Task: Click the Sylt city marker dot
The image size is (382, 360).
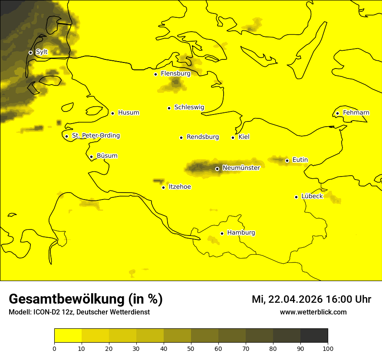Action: click(x=30, y=52)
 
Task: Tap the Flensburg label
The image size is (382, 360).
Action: click(x=175, y=74)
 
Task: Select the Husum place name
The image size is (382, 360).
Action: click(x=128, y=113)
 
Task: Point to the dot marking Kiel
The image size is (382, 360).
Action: click(x=233, y=137)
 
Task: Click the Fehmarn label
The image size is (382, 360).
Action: click(x=356, y=113)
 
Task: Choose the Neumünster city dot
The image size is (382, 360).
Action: click(x=217, y=169)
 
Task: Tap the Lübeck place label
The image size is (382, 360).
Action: click(x=312, y=196)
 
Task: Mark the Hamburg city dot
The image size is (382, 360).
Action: click(x=222, y=233)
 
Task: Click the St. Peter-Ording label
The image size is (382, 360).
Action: click(x=95, y=136)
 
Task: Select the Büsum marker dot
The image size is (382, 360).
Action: click(x=91, y=157)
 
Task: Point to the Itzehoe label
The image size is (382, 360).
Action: click(x=180, y=187)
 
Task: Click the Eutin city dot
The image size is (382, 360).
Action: click(x=287, y=160)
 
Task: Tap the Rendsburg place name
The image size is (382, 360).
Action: click(x=202, y=137)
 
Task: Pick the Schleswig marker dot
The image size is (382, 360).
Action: click(x=169, y=108)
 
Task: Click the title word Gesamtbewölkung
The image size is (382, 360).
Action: click(x=66, y=299)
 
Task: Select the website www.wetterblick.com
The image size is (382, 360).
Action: click(x=313, y=312)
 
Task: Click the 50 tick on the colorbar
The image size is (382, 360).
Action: click(x=191, y=348)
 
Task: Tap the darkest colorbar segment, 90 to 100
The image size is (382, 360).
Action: click(x=314, y=335)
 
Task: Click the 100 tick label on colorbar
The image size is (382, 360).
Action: click(x=328, y=348)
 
